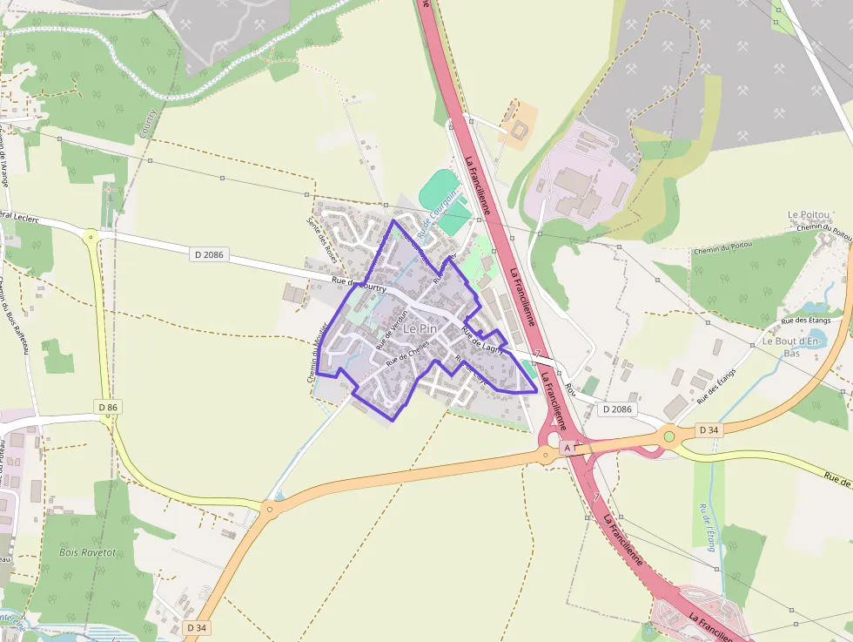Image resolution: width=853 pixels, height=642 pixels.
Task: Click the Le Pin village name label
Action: pos(420,328)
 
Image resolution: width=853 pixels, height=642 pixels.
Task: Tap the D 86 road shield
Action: pos(108,407)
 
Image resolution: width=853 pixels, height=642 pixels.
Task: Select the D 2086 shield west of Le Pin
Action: pos(209,254)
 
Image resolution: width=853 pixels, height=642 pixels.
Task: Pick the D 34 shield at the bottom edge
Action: pos(196,627)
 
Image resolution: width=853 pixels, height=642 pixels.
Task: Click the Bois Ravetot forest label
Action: pos(87,552)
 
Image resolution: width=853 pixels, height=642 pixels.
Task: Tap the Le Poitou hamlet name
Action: pos(807,214)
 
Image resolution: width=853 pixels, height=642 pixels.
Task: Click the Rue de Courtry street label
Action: pos(359,284)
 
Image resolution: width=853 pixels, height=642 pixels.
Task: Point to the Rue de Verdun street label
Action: pos(392,331)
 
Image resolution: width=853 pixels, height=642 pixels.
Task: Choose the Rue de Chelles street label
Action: pos(408,350)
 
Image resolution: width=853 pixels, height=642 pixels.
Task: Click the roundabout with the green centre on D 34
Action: pos(668,436)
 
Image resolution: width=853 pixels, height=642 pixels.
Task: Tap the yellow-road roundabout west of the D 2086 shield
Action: pos(91,235)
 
